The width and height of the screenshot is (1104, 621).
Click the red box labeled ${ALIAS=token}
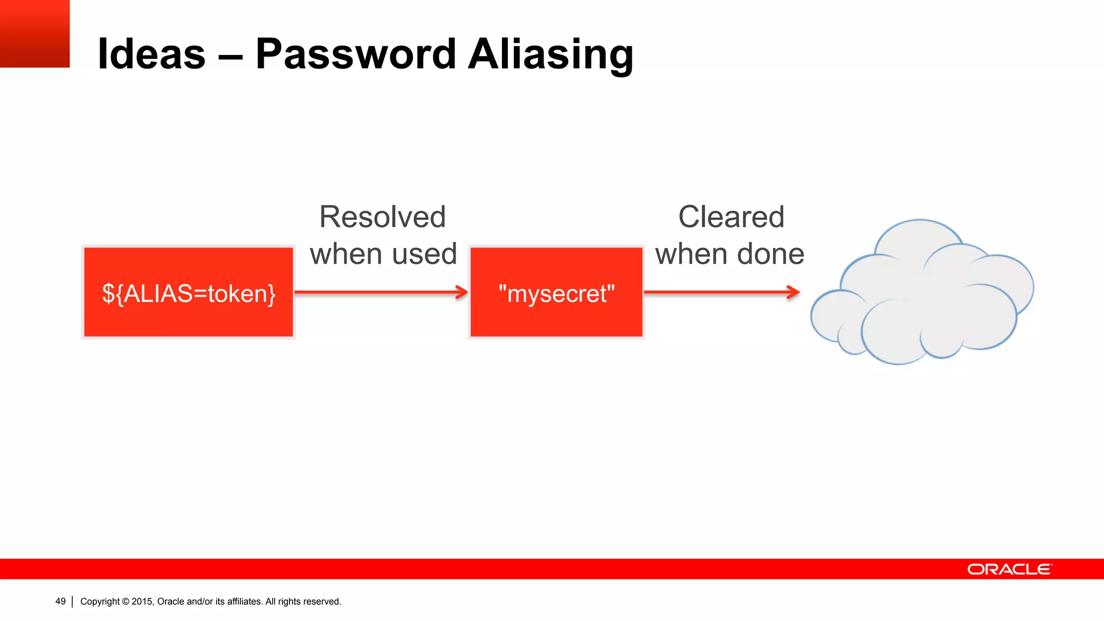(189, 292)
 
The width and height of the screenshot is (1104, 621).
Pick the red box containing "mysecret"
(556, 292)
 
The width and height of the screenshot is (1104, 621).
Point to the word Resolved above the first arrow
(383, 217)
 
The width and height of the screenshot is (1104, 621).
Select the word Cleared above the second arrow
(731, 217)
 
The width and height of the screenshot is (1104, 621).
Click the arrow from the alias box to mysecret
(381, 292)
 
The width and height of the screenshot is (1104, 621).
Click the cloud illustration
(922, 294)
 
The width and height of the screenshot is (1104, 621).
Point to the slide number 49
(60, 602)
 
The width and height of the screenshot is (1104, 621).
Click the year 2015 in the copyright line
(142, 602)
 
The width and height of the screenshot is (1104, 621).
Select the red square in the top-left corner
(34, 33)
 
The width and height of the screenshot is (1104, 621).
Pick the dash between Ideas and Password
(230, 55)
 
